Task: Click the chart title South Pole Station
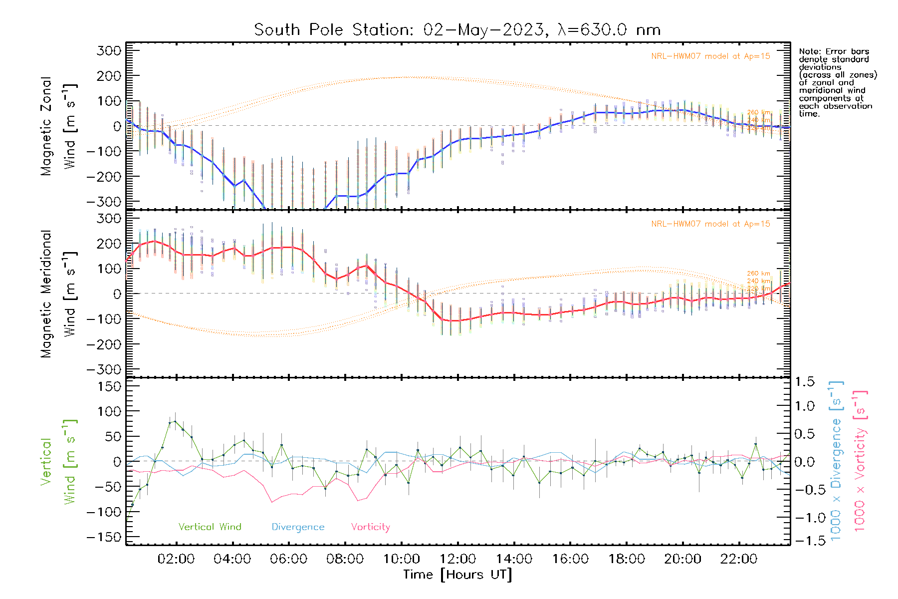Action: coord(457,30)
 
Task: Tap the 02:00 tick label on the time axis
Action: coord(176,559)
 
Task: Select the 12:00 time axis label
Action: coord(457,559)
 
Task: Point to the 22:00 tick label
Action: coord(739,559)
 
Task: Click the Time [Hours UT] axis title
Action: coord(457,575)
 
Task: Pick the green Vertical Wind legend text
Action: coord(210,527)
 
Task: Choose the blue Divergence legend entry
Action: coord(298,527)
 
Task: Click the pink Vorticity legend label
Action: coord(370,527)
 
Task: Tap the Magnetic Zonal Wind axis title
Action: coord(58,126)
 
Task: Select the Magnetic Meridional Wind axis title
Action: coord(58,294)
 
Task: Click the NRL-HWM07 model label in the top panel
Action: coord(710,56)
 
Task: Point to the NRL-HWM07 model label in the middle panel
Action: coord(710,224)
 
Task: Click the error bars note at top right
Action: coord(837,82)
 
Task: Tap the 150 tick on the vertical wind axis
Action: coord(110,386)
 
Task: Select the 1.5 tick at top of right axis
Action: coord(804,382)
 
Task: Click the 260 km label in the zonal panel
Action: coord(759,113)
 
